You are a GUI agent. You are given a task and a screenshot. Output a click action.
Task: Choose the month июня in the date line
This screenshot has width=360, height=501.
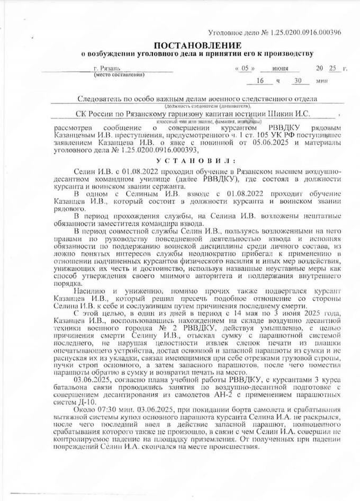pos(277,69)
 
